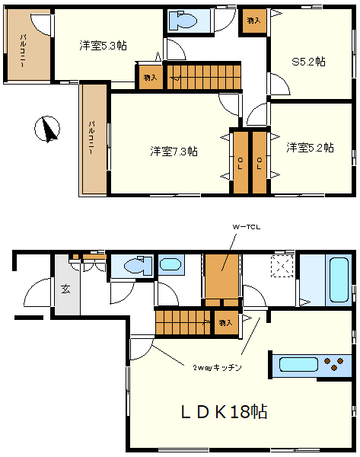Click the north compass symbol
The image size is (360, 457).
coord(47,129)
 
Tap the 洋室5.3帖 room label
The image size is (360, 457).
coord(103,46)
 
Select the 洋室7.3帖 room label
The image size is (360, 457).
coord(174,152)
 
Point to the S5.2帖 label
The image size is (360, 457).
coord(308,62)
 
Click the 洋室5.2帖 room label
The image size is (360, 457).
coord(310,148)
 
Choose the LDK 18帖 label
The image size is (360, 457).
coord(224,411)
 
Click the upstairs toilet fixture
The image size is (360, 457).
coord(183,21)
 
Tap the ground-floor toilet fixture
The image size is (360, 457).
coord(138,265)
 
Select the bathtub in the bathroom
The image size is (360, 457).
coord(339,280)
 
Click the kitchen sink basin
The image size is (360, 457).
coord(298,364)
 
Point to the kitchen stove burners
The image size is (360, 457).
coord(334,364)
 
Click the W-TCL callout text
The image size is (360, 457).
coord(246,227)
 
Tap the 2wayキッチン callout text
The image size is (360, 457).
coord(217,368)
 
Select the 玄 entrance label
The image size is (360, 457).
coord(65,289)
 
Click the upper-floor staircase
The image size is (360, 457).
coord(204,77)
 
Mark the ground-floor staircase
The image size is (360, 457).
coord(183,323)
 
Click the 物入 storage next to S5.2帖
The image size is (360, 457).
coord(253,21)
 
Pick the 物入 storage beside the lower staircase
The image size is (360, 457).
coord(226,323)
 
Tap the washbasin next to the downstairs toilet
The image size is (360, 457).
coord(170,264)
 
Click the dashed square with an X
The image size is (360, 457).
coord(282,266)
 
